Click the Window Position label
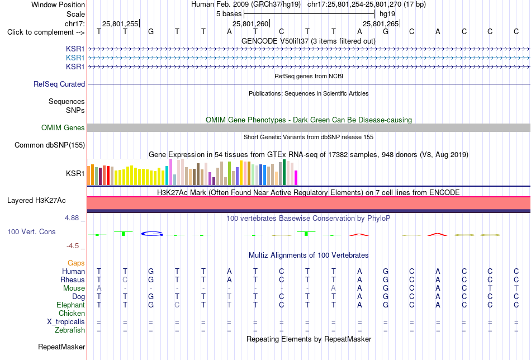click(58, 4)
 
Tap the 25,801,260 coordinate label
click(250, 23)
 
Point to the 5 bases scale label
click(229, 14)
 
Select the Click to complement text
click(40, 32)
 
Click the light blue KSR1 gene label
click(75, 58)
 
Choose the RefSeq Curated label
click(59, 84)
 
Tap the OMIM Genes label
click(63, 127)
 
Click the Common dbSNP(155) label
click(50, 145)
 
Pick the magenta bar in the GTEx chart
click(296, 178)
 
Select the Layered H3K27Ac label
click(36, 201)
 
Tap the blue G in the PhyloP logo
click(152, 234)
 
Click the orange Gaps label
click(76, 263)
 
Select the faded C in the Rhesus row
click(125, 280)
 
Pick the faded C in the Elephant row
click(177, 305)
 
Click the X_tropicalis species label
click(66, 322)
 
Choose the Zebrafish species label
click(70, 330)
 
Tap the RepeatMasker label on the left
click(61, 347)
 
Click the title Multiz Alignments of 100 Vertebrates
click(309, 255)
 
